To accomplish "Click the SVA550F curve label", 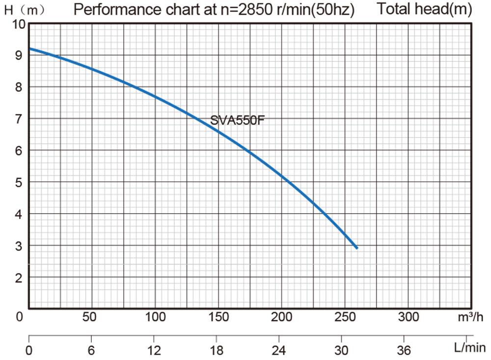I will pos(237,120).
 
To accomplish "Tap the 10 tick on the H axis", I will pos(18,25).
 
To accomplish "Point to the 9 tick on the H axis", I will pos(18,55).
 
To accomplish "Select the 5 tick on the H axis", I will pos(18,182).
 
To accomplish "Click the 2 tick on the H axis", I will pos(18,278).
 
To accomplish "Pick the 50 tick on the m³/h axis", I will pos(89,317).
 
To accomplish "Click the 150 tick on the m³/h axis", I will pos(218,317).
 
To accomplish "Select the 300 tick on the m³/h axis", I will pos(409,317).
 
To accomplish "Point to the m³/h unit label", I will pos(470,317).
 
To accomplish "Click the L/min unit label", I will pos(469,349).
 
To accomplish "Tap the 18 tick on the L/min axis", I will pos(217,350).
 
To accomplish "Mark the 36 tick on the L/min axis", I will pos(404,350).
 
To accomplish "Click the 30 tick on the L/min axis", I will pos(341,350).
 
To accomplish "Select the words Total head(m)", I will pos(425,9).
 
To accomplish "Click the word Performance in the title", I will pos(114,9).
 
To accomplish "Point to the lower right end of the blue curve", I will pos(356,248).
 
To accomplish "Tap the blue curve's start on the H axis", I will pos(30,49).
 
